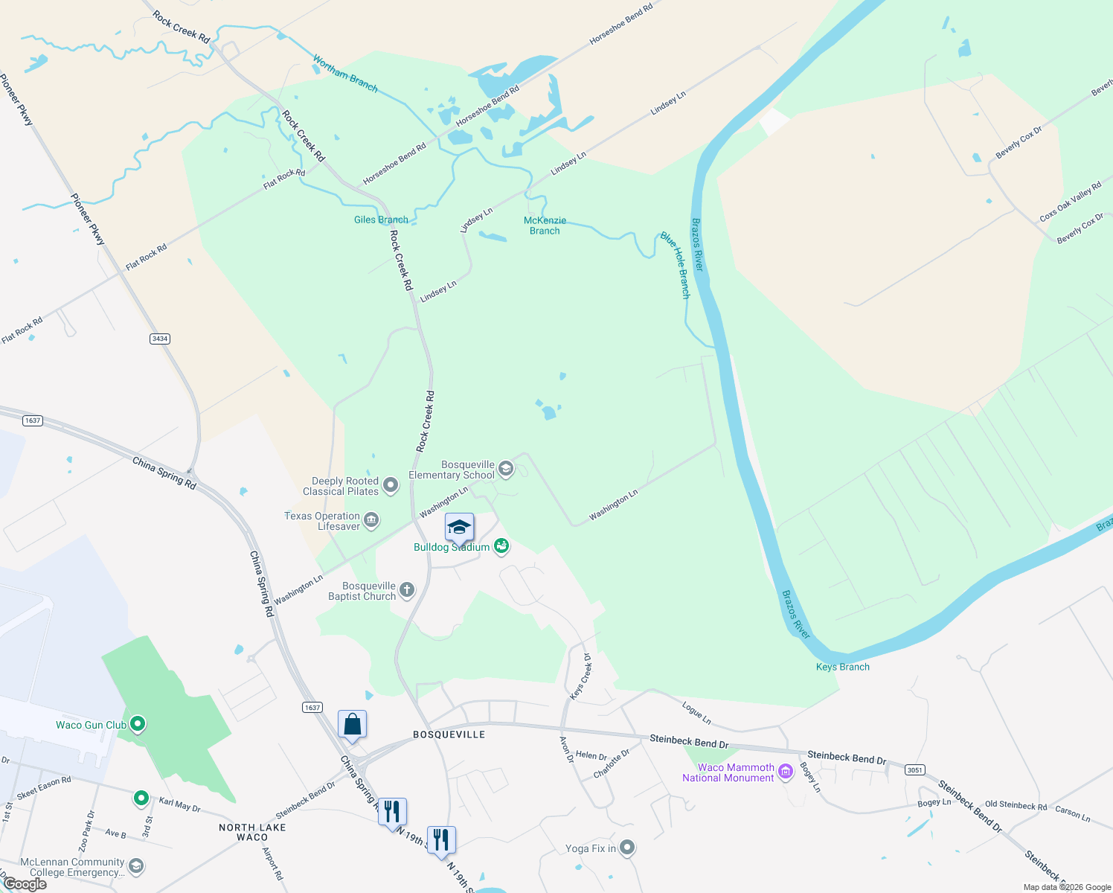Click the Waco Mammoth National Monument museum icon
tap(786, 773)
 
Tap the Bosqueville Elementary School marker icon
tap(506, 469)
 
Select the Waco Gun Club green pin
tap(137, 724)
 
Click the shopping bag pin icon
tap(352, 724)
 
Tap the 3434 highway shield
tap(160, 339)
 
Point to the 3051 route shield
tap(915, 770)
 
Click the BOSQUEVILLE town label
tap(449, 734)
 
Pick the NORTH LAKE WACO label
tap(252, 832)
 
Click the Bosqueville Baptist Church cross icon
tap(406, 591)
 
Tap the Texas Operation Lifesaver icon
tap(371, 520)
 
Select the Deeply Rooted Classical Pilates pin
tap(390, 486)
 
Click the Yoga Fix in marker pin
tap(627, 848)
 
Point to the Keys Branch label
tap(842, 667)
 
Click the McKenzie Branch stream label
tap(545, 225)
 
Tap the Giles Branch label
tap(381, 220)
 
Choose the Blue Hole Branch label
tap(676, 265)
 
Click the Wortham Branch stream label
tap(345, 73)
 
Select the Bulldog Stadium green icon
tap(502, 546)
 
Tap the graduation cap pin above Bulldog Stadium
tap(459, 528)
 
